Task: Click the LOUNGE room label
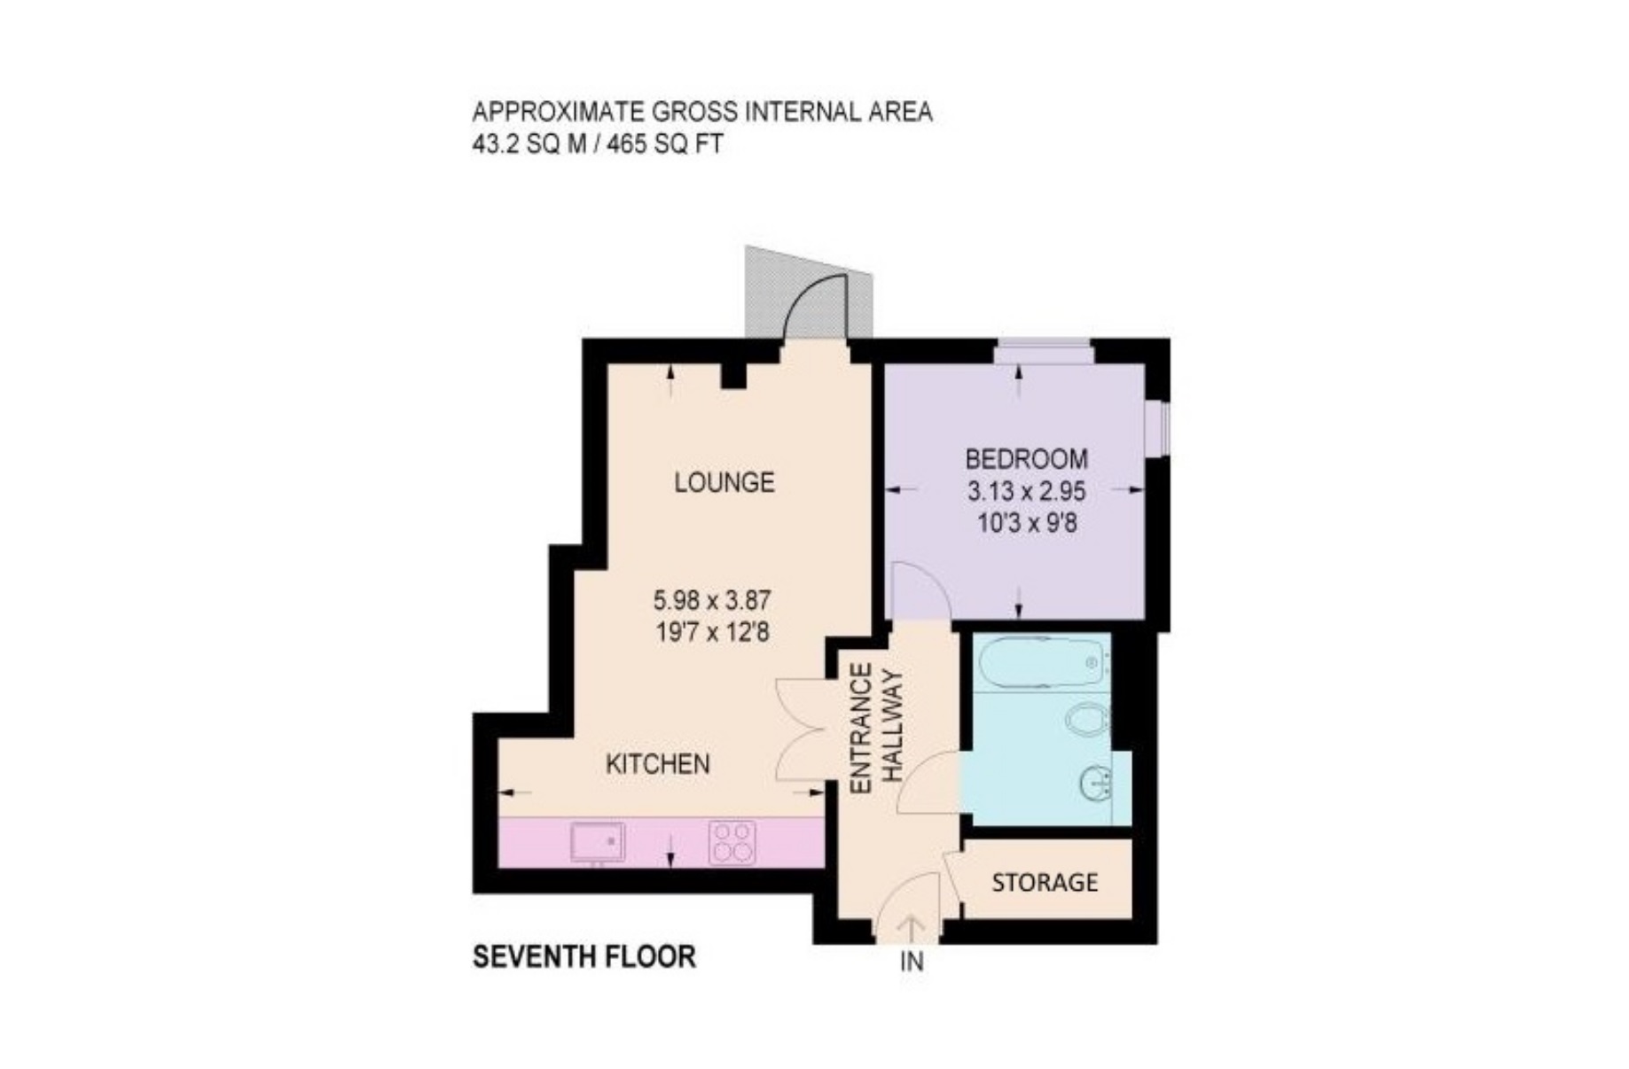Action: [724, 482]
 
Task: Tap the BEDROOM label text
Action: [1026, 459]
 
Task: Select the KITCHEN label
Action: [657, 764]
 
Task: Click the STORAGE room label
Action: [1045, 882]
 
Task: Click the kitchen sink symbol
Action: [598, 841]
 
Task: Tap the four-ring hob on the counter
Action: [732, 841]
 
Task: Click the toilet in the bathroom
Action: [1087, 719]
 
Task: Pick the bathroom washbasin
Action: [1096, 783]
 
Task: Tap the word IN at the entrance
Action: [912, 961]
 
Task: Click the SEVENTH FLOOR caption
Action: [584, 957]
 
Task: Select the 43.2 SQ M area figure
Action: [529, 144]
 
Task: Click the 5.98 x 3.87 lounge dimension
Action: [712, 601]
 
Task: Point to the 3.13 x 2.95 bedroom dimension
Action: [1027, 491]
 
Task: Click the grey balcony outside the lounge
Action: [809, 293]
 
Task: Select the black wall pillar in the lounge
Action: [732, 376]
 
